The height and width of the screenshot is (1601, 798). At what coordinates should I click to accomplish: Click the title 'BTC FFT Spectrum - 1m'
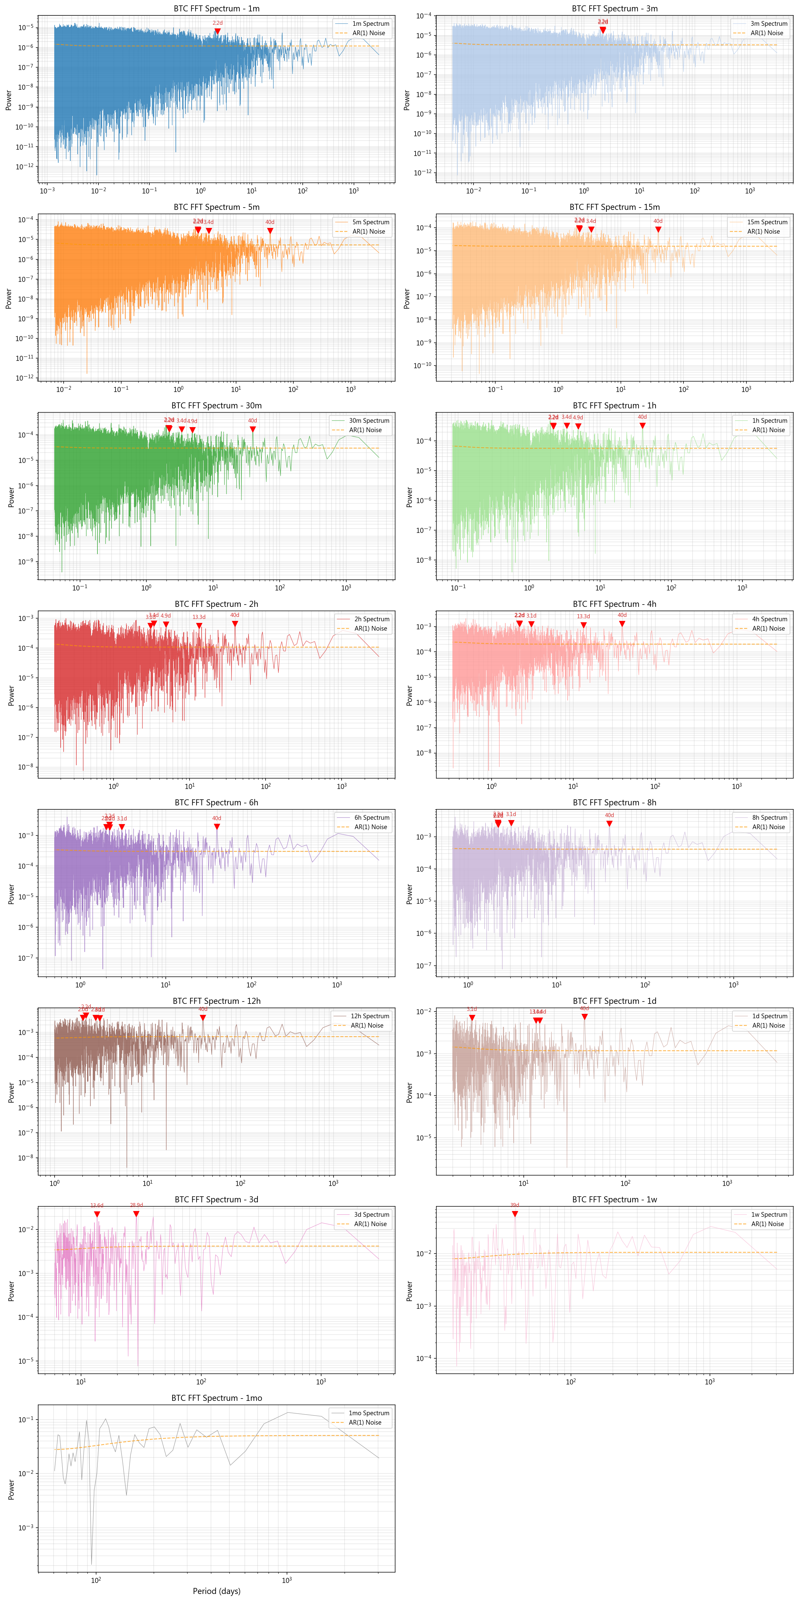pyautogui.click(x=216, y=9)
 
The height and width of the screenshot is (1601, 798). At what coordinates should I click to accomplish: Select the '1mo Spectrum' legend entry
pyautogui.click(x=369, y=1413)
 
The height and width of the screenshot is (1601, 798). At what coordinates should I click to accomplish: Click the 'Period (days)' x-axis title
pyautogui.click(x=216, y=1590)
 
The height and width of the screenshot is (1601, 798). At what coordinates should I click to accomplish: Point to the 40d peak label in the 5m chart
pyautogui.click(x=270, y=222)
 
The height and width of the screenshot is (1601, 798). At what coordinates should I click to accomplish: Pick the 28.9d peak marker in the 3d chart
pyautogui.click(x=136, y=1214)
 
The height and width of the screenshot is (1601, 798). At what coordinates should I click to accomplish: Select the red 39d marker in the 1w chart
pyautogui.click(x=515, y=1214)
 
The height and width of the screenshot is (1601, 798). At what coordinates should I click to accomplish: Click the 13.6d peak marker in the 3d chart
pyautogui.click(x=97, y=1214)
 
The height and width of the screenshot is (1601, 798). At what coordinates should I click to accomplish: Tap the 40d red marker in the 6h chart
pyautogui.click(x=216, y=826)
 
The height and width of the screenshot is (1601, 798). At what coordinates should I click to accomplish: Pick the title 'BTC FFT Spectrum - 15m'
pyautogui.click(x=614, y=207)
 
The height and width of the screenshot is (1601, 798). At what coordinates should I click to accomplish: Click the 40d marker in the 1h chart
pyautogui.click(x=643, y=426)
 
